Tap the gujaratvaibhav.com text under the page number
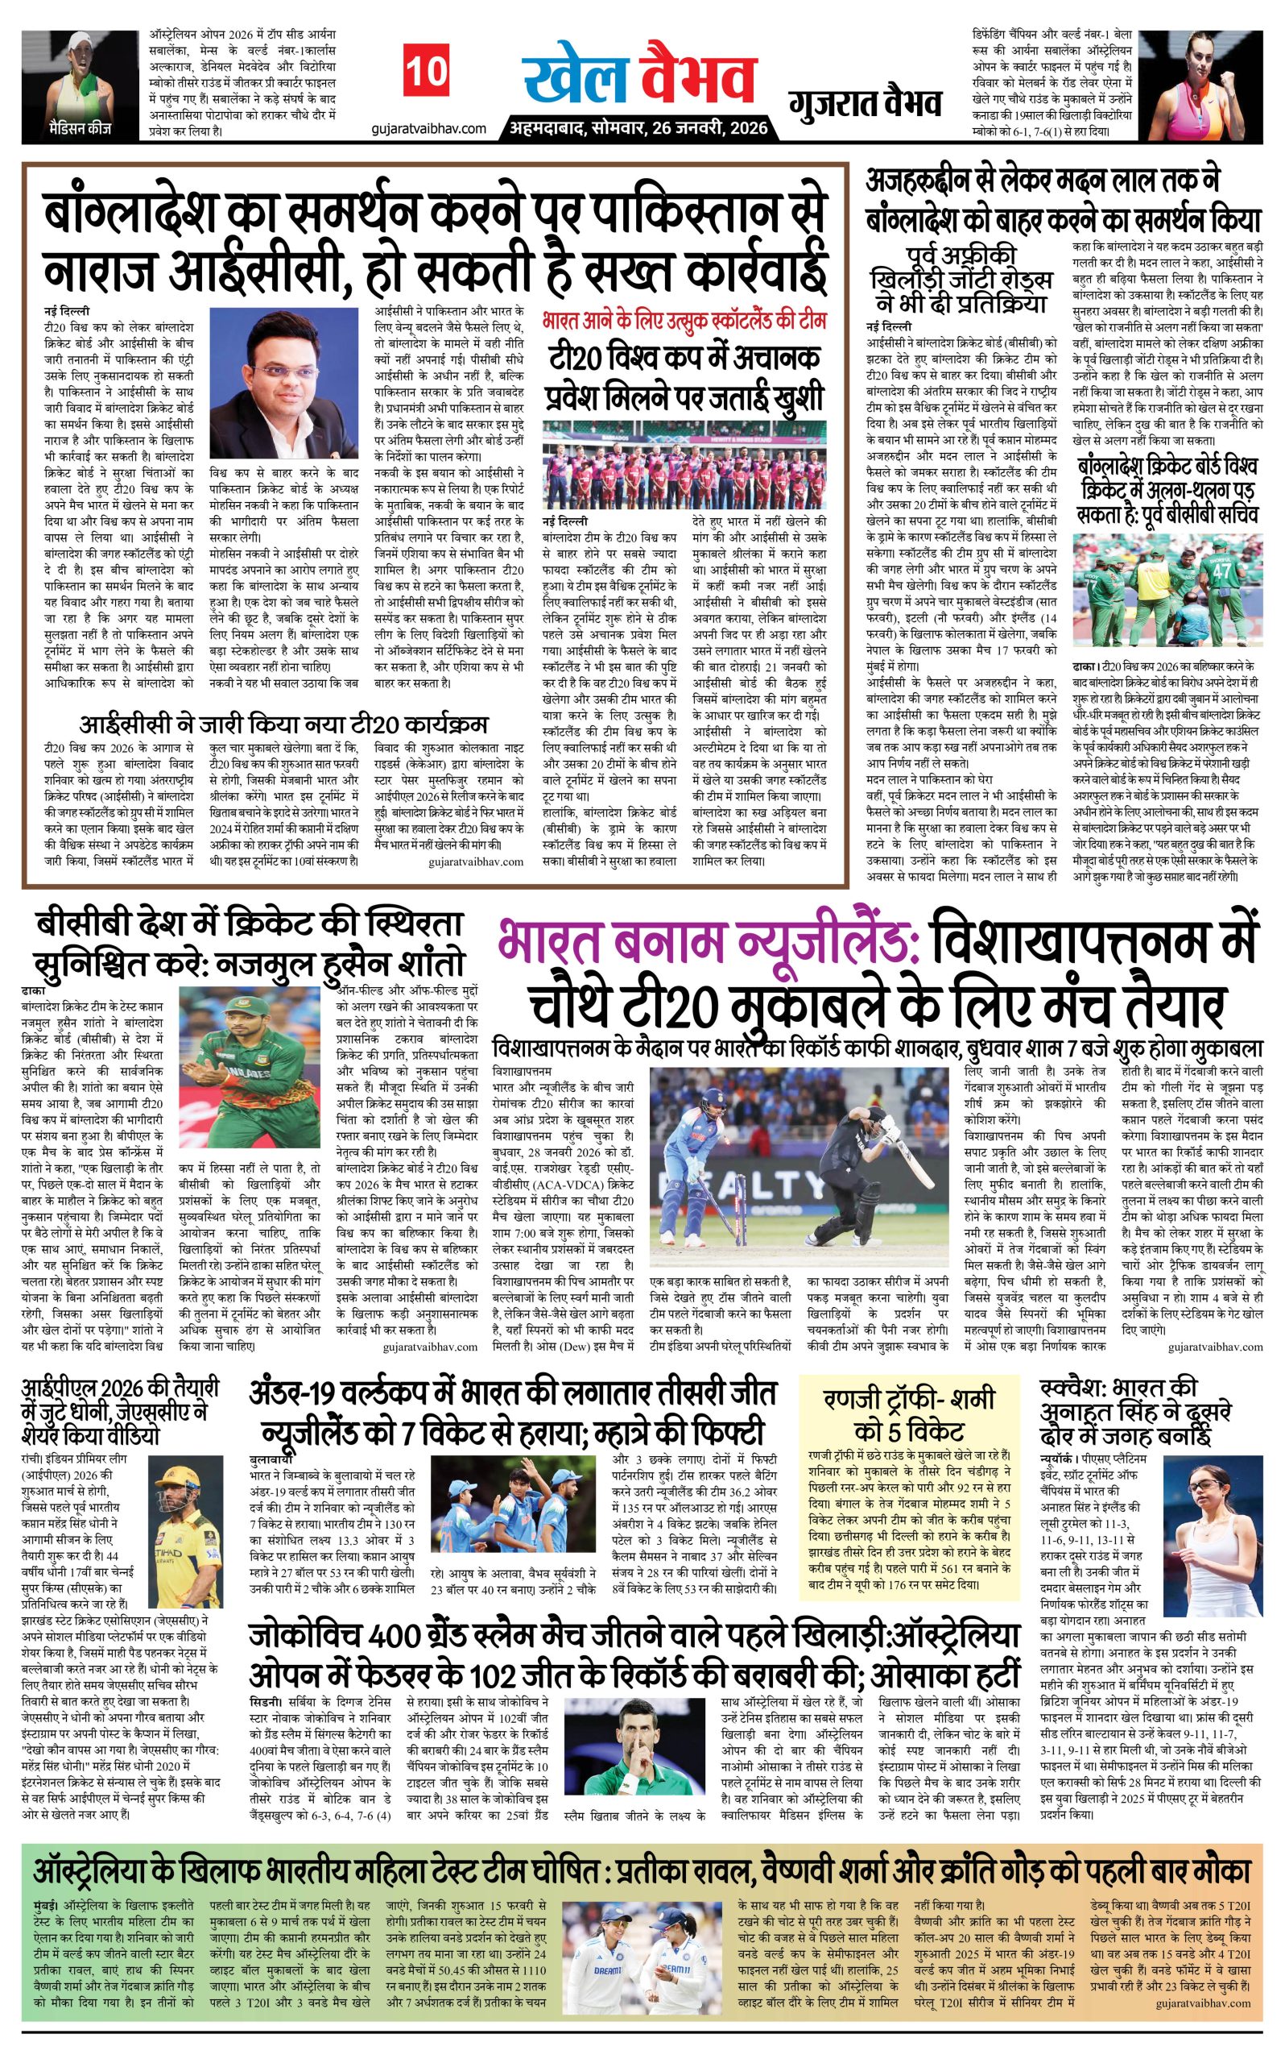click(x=428, y=127)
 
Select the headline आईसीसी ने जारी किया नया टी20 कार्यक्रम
click(x=284, y=724)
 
